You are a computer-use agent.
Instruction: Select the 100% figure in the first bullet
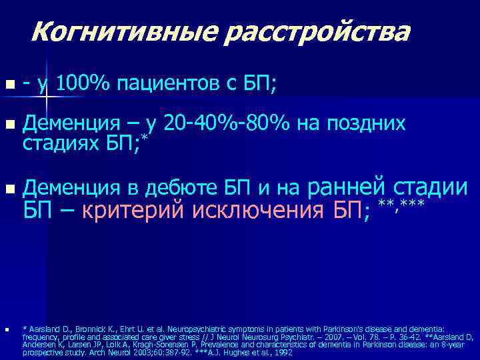(x=84, y=84)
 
